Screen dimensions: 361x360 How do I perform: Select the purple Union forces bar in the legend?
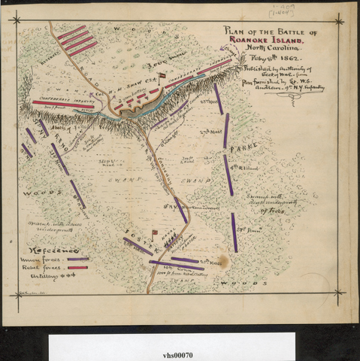[x=77, y=259]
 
